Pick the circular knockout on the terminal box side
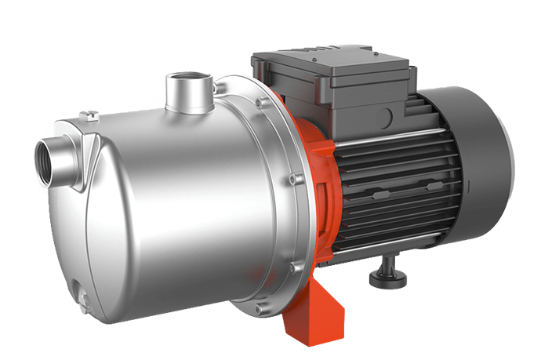tap(379, 118)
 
